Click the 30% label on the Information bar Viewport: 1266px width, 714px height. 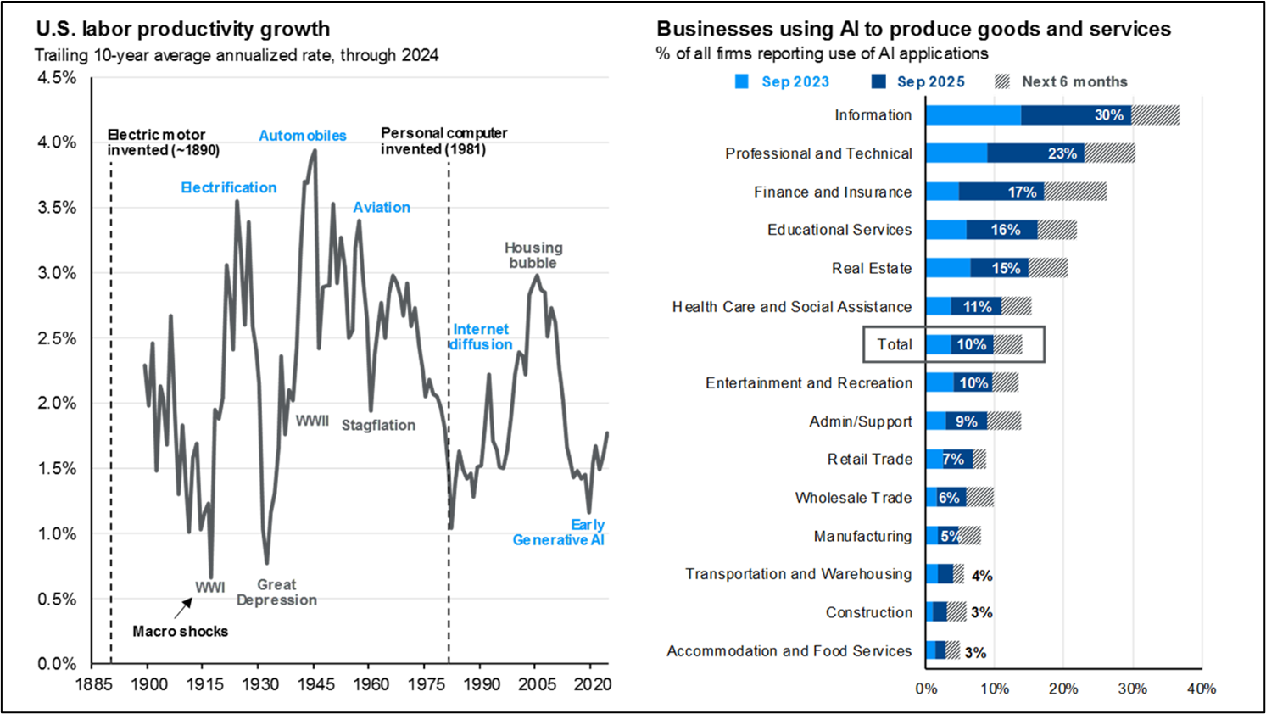(x=1108, y=115)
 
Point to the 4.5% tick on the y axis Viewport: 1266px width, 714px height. (x=57, y=78)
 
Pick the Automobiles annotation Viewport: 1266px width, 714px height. (x=303, y=136)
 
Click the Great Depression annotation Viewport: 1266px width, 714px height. (x=276, y=593)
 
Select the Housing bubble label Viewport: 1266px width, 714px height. (x=533, y=255)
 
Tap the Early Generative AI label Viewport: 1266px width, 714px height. (x=559, y=533)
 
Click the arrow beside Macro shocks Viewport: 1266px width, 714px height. (x=183, y=608)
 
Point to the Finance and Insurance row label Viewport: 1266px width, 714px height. (x=833, y=192)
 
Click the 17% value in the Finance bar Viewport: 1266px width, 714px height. (x=1022, y=192)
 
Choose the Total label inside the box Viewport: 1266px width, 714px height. (x=895, y=344)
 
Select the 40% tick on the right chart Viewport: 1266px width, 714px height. (x=1202, y=689)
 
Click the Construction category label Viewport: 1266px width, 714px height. (x=869, y=612)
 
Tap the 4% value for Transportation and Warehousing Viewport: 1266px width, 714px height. (x=982, y=576)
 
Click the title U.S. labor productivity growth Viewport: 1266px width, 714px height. (x=183, y=29)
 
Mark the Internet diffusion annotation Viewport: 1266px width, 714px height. (x=481, y=337)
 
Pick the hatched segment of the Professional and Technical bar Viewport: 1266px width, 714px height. (x=1109, y=153)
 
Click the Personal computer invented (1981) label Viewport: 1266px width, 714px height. (x=443, y=142)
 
